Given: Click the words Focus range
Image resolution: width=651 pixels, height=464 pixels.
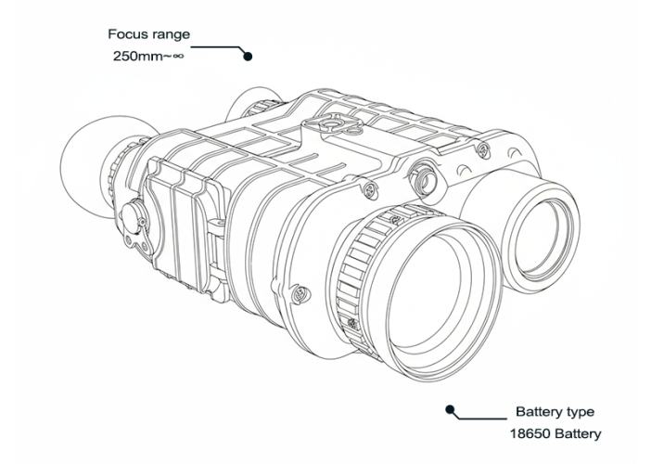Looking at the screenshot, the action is (148, 34).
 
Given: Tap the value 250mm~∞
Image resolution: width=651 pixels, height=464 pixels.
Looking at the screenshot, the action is (147, 56).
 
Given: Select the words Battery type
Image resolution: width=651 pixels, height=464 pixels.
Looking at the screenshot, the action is (555, 412).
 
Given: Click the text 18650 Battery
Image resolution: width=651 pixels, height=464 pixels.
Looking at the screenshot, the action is (555, 433).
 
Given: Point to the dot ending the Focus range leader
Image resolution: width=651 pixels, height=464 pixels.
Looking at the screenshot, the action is (248, 56).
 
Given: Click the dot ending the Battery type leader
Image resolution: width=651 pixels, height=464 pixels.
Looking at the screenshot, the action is (450, 410).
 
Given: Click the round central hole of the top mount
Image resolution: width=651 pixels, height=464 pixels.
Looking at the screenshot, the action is (331, 124).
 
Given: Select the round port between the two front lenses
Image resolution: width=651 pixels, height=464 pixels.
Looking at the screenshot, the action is (423, 177).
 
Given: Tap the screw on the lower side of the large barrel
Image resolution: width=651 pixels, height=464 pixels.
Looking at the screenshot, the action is (299, 293).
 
